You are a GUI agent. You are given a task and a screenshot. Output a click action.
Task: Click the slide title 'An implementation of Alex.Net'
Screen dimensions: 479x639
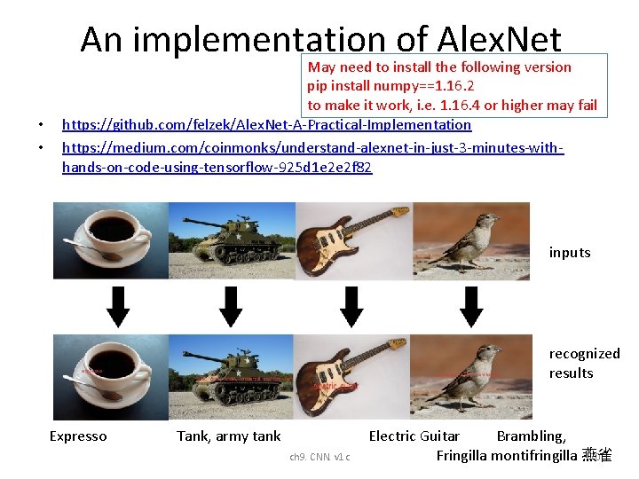(320, 39)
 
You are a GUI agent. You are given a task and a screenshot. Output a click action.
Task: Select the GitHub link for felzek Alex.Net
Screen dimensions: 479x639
(266, 125)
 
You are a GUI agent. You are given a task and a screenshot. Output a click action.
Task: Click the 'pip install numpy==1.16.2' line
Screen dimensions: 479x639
(390, 86)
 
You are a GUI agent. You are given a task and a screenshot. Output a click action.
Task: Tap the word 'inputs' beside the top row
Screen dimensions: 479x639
(569, 253)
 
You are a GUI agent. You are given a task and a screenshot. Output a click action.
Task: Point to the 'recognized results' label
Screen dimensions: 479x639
(584, 363)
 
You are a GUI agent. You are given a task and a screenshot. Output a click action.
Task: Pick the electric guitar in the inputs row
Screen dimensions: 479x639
(352, 238)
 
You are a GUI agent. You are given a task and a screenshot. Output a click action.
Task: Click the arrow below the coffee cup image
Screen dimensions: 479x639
(118, 307)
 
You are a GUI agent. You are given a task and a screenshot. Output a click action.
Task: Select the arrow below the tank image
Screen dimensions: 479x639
(231, 307)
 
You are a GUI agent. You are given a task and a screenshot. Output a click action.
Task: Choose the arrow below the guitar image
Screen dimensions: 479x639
(352, 307)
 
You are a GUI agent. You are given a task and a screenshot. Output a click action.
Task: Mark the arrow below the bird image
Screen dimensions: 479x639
(471, 307)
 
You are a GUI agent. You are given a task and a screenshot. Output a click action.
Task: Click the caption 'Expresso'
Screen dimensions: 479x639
(78, 436)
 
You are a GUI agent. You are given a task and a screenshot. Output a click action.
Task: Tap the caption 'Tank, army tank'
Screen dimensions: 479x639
(228, 436)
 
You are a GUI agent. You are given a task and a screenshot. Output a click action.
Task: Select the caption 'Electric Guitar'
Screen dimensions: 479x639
(414, 436)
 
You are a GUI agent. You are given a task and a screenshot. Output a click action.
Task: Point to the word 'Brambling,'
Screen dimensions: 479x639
(531, 436)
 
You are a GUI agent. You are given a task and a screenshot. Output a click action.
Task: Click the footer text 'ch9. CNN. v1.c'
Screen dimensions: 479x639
(319, 457)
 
